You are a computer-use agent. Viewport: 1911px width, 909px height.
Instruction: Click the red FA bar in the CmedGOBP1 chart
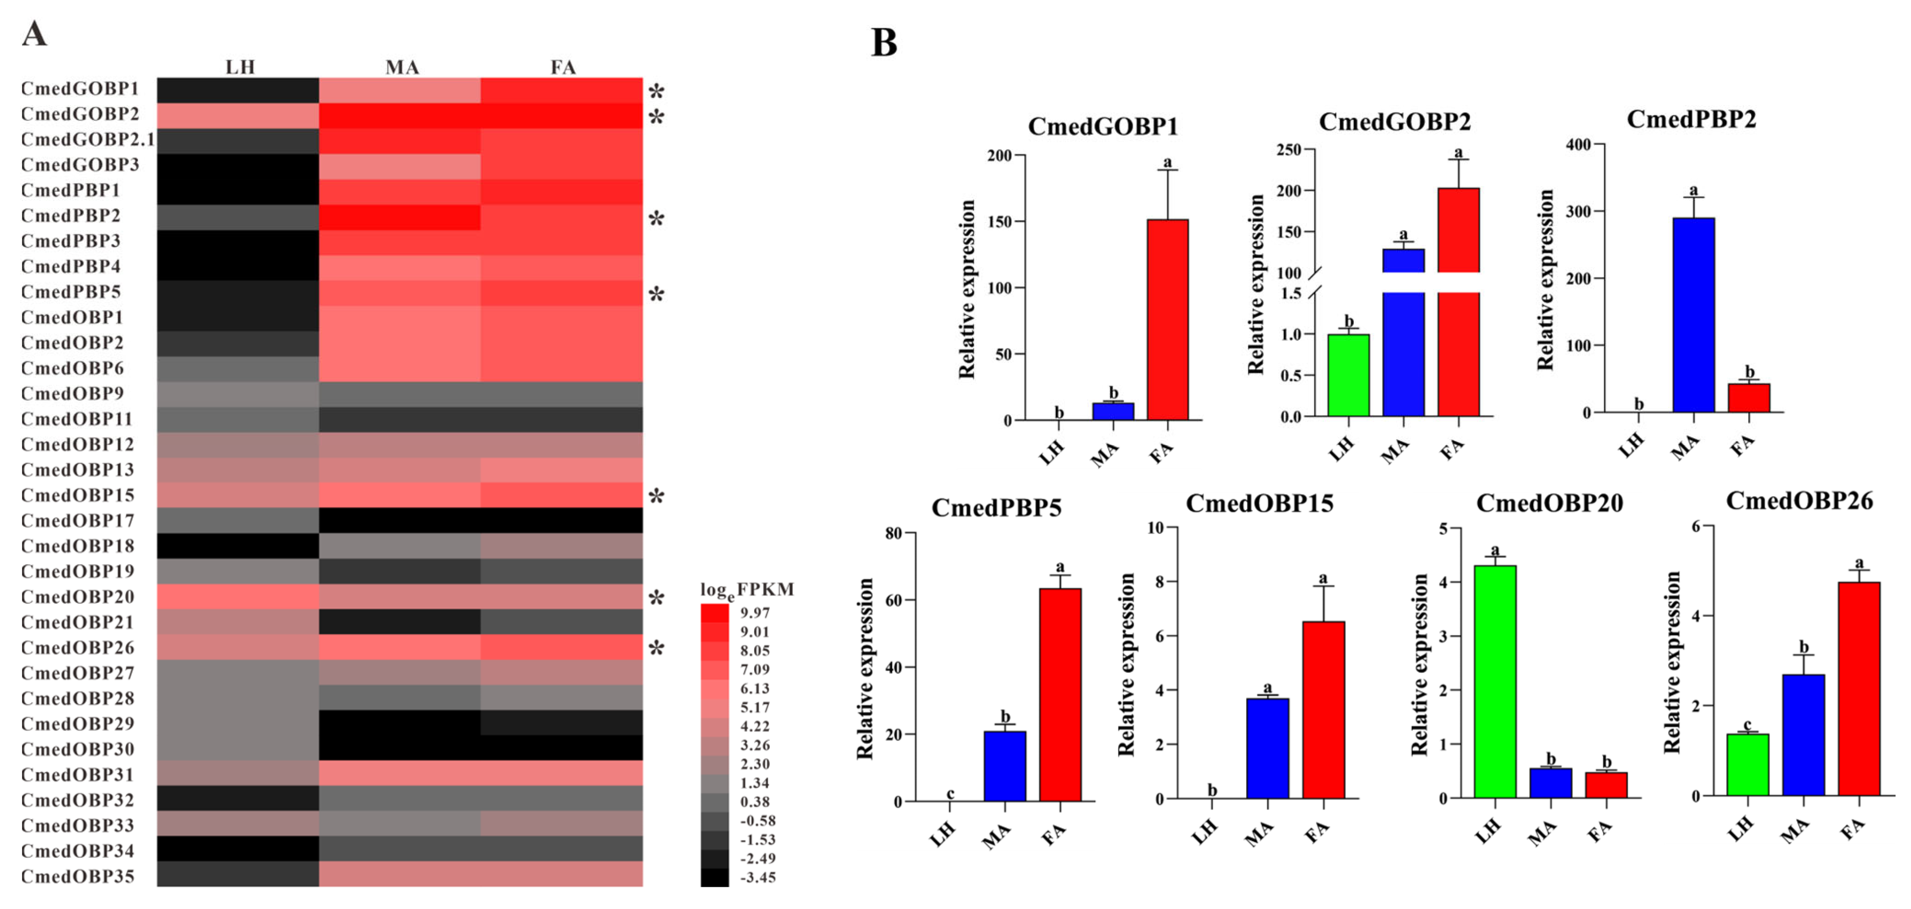(x=1167, y=319)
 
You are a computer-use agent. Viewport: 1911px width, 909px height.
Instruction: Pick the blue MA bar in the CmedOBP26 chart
(x=1803, y=734)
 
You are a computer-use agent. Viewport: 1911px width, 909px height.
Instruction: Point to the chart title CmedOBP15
(x=1259, y=504)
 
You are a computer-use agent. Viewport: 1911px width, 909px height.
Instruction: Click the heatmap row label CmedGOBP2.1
(x=87, y=139)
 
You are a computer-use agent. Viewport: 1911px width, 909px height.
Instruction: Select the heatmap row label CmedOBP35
(x=78, y=876)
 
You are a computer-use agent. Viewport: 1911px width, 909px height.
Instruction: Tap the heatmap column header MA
(x=402, y=67)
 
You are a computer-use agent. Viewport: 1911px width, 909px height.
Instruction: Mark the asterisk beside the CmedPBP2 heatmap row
(x=656, y=220)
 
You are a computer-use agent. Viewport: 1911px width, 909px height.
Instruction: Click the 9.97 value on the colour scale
(x=755, y=613)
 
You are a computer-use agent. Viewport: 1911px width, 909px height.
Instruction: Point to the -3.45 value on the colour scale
(x=758, y=877)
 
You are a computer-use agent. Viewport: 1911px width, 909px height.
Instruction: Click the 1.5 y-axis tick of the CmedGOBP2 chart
(x=1291, y=293)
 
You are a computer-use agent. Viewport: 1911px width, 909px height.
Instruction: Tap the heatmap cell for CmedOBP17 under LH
(x=238, y=520)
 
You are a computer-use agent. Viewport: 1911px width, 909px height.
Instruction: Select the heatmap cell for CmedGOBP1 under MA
(x=399, y=90)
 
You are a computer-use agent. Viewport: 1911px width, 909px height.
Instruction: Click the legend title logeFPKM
(x=746, y=590)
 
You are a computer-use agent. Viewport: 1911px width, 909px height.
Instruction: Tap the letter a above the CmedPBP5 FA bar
(x=1060, y=567)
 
